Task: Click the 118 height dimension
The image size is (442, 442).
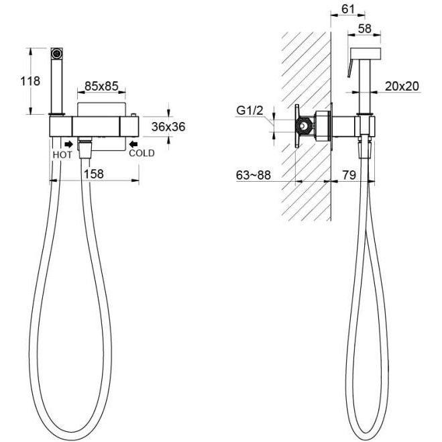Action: coord(30,81)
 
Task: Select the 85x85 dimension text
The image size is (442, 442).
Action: coord(101,87)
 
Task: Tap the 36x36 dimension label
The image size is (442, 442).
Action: coord(168,127)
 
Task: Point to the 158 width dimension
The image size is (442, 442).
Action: coord(94,174)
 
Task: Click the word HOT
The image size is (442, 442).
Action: coord(62,155)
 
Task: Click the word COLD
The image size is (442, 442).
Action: coord(142,153)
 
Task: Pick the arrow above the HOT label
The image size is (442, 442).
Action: coord(68,144)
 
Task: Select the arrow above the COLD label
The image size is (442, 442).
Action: coord(133,144)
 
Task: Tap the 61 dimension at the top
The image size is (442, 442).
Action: coord(347,9)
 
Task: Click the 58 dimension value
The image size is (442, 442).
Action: coord(364,28)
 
